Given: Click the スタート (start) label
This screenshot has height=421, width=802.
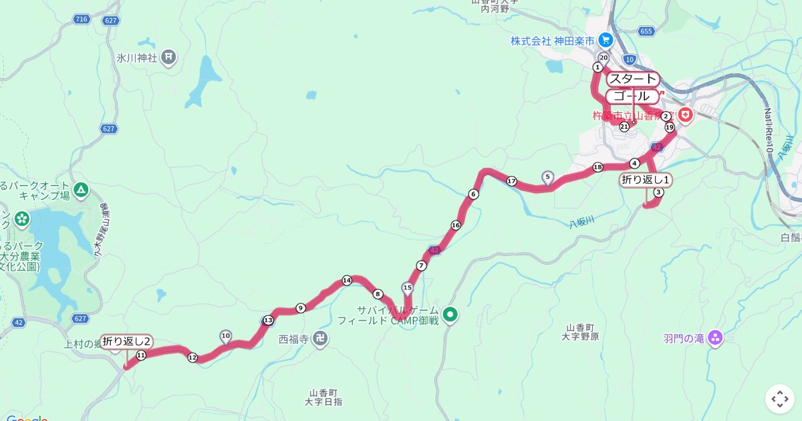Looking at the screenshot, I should coord(633,80).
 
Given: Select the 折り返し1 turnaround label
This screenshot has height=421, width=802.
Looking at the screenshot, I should coord(646,179).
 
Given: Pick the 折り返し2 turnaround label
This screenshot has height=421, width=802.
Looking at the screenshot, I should coord(126,341).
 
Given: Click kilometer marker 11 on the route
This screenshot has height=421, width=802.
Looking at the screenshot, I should coord(141,356).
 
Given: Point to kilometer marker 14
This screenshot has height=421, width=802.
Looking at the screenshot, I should coord(346,281).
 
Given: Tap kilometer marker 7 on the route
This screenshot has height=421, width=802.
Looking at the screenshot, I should coord(421,266).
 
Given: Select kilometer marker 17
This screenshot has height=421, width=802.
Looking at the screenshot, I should coord(512,181).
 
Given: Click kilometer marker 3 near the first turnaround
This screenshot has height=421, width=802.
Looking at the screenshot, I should coord(658,192).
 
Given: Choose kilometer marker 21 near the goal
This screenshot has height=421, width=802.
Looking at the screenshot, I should coord(624,126).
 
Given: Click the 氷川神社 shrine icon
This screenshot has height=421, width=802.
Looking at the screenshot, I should coord(168,57).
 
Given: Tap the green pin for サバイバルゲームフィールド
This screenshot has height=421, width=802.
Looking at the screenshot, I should coord(450,314).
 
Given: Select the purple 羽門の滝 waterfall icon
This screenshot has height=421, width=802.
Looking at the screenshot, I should coord(716,338).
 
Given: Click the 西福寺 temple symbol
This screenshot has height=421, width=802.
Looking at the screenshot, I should coord(321,338).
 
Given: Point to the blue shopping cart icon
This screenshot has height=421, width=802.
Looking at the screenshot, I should coord(606,40).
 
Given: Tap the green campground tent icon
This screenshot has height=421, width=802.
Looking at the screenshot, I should coord(81,190).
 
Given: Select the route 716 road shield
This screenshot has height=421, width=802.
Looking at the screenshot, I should coord(82,19).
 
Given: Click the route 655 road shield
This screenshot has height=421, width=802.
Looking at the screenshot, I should coord(646,31).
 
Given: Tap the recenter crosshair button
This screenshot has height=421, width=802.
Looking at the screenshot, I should coord(779,399).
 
